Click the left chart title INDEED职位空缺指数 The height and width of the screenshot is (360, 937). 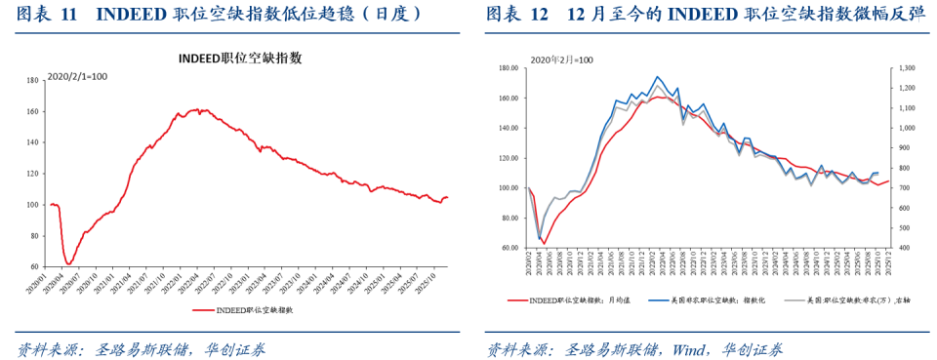pos(239,59)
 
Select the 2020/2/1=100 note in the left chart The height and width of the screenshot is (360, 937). pos(78,75)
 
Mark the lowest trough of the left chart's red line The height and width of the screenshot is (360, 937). pos(68,263)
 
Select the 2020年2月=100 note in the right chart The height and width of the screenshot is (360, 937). pos(561,60)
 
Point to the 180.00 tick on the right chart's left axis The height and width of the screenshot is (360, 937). pos(507,68)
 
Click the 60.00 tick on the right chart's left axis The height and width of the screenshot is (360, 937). pos(507,248)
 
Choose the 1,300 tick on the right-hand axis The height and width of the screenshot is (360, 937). pos(907,68)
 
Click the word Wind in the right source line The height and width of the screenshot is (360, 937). pos(687,348)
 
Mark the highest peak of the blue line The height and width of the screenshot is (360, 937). pos(658,76)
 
